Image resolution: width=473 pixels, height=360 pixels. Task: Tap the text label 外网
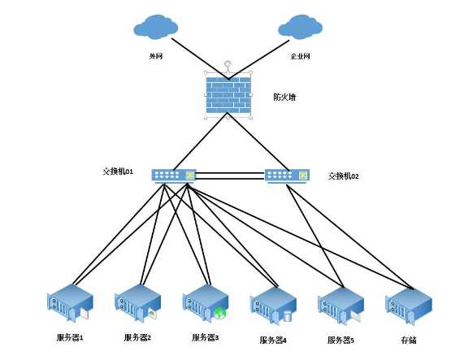[x=155, y=57]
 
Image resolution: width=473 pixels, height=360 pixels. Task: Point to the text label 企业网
[x=300, y=57]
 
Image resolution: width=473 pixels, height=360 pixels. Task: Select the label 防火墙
[x=284, y=97]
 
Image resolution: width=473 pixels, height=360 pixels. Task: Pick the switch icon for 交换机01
[x=175, y=175]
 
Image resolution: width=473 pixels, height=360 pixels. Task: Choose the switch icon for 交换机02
[x=287, y=175]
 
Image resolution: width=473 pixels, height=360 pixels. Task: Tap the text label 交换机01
[x=117, y=172]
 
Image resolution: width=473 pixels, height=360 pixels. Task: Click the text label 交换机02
[x=343, y=176]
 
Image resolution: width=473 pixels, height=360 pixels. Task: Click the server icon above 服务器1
[x=69, y=305]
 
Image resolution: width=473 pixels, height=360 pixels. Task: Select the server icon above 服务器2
[x=137, y=305]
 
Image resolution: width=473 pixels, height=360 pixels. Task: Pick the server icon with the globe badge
[x=205, y=305]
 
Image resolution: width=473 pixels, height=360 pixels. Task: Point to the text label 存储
[x=409, y=340]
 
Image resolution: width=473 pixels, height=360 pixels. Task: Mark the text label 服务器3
[x=206, y=337]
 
